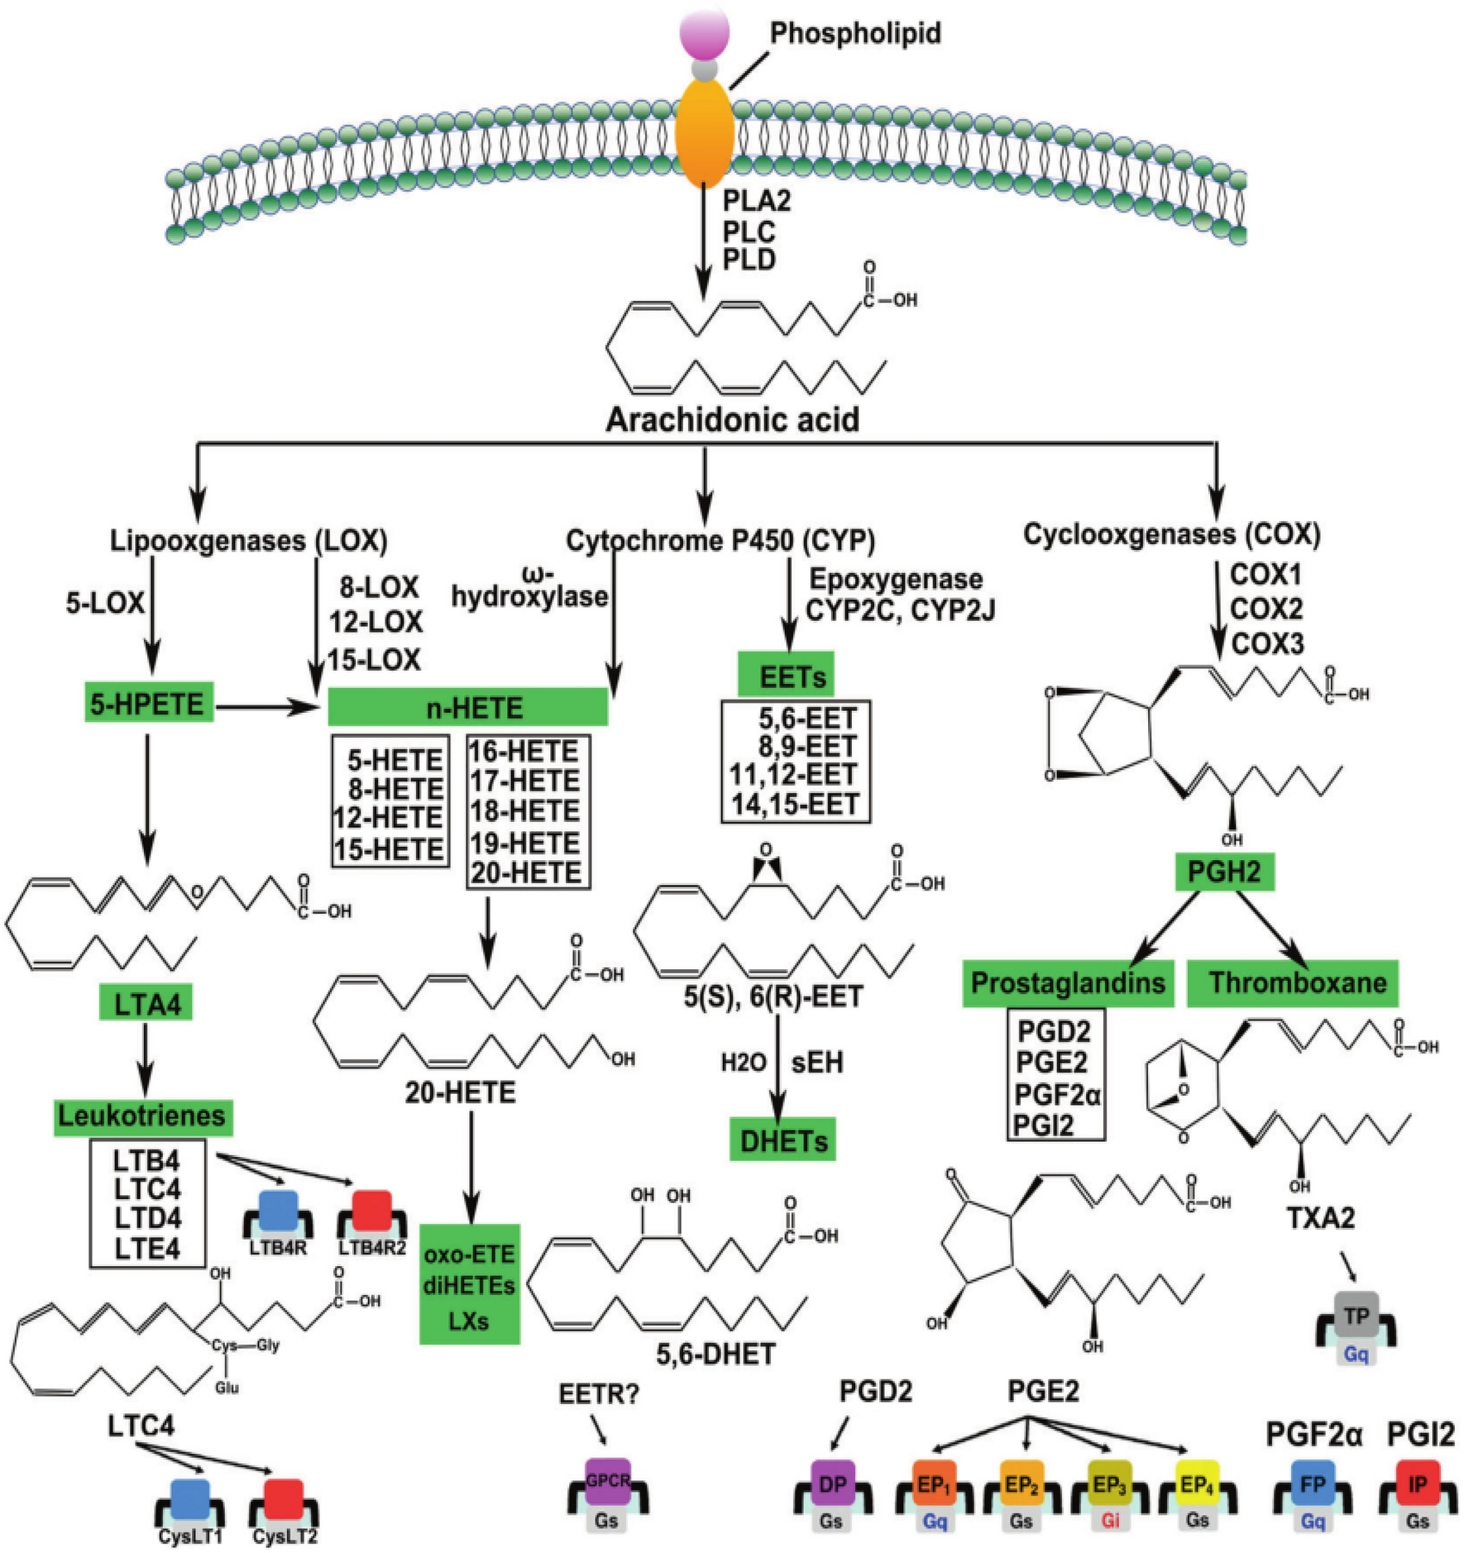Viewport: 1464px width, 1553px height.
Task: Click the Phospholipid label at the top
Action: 854,33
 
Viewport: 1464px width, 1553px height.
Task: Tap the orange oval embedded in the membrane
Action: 705,135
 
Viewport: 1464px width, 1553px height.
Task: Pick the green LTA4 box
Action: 146,1003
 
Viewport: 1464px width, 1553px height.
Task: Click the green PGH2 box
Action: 1223,872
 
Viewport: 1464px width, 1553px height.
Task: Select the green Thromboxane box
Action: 1297,982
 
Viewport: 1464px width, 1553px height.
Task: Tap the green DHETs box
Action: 782,1141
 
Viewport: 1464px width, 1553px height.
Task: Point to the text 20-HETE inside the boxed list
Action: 527,872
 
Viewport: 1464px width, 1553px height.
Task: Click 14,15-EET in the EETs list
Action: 795,804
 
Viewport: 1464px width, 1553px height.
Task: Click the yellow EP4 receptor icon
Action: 1197,1485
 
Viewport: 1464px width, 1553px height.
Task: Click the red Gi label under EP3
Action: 1109,1521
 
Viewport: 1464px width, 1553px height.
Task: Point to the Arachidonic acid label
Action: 732,419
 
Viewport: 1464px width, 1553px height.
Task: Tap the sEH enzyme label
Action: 817,1062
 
